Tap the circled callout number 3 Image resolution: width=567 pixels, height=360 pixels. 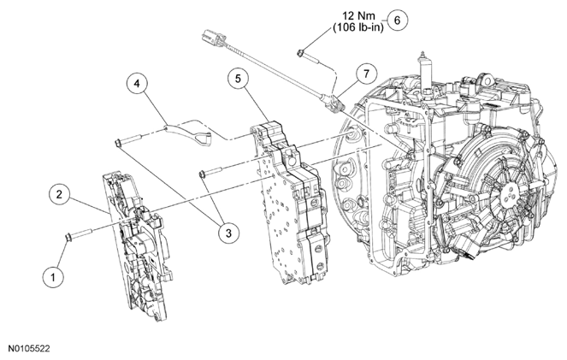(227, 229)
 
